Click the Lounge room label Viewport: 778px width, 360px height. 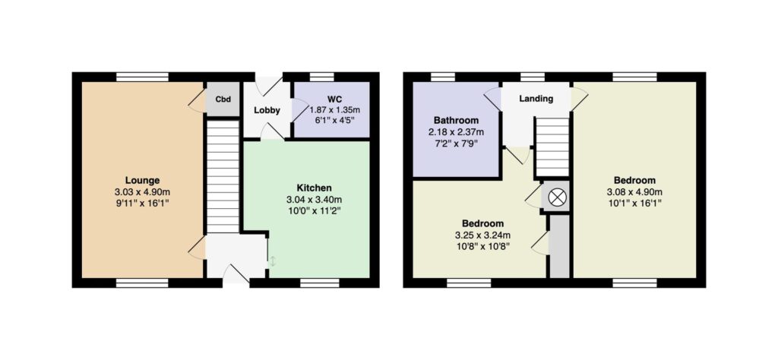[142, 181]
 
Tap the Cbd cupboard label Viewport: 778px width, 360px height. [223, 99]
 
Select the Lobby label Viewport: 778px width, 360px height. [267, 110]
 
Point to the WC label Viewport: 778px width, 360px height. [332, 98]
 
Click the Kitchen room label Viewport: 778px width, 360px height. [314, 188]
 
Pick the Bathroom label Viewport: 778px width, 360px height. [456, 120]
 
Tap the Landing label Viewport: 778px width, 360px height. [536, 99]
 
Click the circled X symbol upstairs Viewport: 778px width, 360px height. [557, 198]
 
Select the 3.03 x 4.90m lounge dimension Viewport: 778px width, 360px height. [142, 192]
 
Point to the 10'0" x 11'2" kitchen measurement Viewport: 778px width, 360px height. [314, 210]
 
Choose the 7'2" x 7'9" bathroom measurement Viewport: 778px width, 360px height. [456, 144]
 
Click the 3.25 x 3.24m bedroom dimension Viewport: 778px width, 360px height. [483, 235]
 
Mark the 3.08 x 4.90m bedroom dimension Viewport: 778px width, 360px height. [634, 192]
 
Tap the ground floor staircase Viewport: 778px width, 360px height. [223, 176]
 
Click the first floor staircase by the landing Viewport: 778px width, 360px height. [552, 147]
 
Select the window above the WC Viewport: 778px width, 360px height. [321, 77]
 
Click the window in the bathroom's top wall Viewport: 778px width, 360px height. [443, 77]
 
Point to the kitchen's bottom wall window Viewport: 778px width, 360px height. [320, 283]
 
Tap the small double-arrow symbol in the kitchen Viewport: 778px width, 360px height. [273, 261]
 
